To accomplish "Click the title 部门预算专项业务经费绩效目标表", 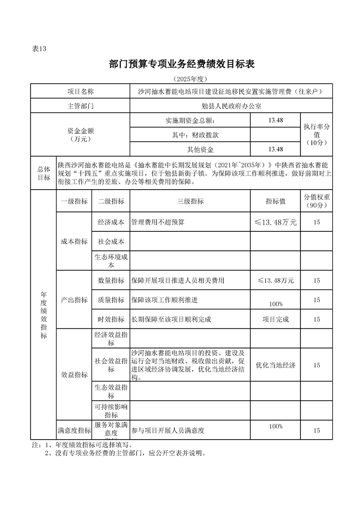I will (182, 64).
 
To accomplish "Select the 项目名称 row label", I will (80, 92).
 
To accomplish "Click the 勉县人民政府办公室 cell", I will (231, 106).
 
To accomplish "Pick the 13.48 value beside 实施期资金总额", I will (276, 120).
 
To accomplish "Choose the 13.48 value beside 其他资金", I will (276, 149).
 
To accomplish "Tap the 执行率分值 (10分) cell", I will (316, 135).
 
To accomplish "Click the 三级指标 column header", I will (190, 201).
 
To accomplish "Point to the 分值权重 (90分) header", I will (316, 201).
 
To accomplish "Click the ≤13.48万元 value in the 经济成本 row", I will (276, 222).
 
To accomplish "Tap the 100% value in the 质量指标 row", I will (276, 303).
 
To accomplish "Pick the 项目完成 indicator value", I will (276, 319).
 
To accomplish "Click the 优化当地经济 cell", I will (276, 365).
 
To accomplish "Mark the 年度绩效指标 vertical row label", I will (44, 315).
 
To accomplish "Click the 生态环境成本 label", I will (111, 260).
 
